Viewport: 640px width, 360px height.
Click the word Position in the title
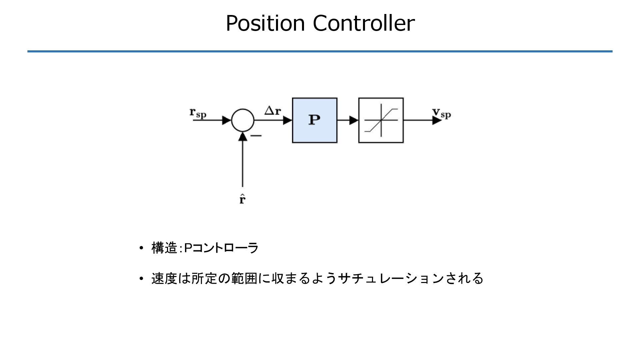[265, 23]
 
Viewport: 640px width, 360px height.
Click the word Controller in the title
[364, 23]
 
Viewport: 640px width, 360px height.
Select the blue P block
[314, 120]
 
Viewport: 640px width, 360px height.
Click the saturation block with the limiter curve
[381, 120]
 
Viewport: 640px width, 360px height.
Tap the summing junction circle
[242, 120]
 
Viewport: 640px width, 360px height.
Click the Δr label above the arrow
[272, 111]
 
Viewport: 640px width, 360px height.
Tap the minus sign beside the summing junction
[256, 135]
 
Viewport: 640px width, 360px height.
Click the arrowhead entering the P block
[287, 120]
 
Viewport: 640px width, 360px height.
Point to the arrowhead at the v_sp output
[437, 120]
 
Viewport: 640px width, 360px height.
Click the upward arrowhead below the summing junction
[243, 137]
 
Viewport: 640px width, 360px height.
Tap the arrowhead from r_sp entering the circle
[227, 120]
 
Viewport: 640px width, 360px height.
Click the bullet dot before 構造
[141, 248]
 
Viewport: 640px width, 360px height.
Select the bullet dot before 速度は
[141, 278]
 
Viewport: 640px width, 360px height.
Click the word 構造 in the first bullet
[164, 248]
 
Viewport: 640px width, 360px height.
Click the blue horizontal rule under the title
[320, 51]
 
